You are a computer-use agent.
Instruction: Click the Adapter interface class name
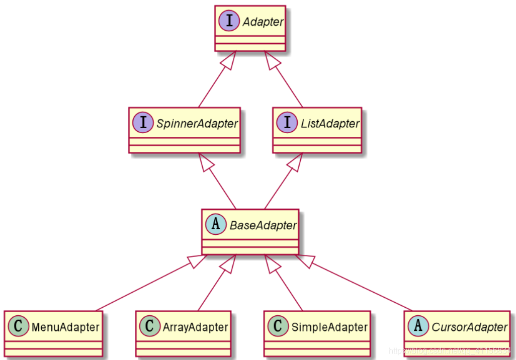tap(263, 22)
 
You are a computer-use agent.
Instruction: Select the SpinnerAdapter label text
tap(197, 124)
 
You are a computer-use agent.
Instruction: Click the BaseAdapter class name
tap(263, 225)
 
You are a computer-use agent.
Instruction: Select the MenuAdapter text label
tap(65, 327)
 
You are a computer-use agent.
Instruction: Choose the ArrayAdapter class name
tap(196, 327)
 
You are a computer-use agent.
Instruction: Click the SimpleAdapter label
tap(329, 327)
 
